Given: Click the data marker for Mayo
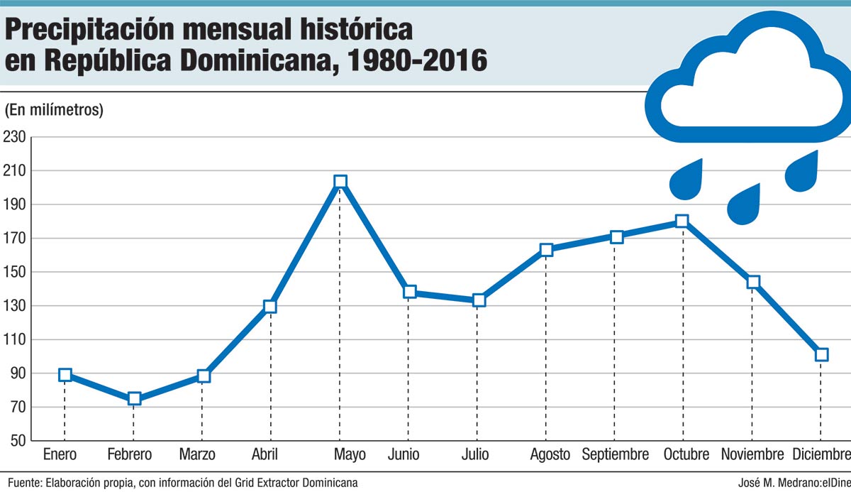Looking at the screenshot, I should [340, 182].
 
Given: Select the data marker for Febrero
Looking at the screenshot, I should [134, 399].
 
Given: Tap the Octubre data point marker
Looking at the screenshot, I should [682, 222].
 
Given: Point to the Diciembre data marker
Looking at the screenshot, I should [821, 355].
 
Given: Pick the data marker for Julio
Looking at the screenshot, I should [479, 300].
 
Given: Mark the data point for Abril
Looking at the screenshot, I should [269, 307].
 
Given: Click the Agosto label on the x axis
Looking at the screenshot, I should [550, 454].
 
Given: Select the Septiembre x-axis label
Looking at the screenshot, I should [615, 454].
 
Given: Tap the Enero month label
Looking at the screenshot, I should [60, 454].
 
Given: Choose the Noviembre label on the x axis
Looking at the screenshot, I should [752, 454].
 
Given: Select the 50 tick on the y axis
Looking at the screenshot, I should [18, 441].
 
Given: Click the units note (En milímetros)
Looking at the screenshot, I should [55, 110].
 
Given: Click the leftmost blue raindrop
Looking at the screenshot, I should [686, 178].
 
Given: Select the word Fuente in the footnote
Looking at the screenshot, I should [26, 483].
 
